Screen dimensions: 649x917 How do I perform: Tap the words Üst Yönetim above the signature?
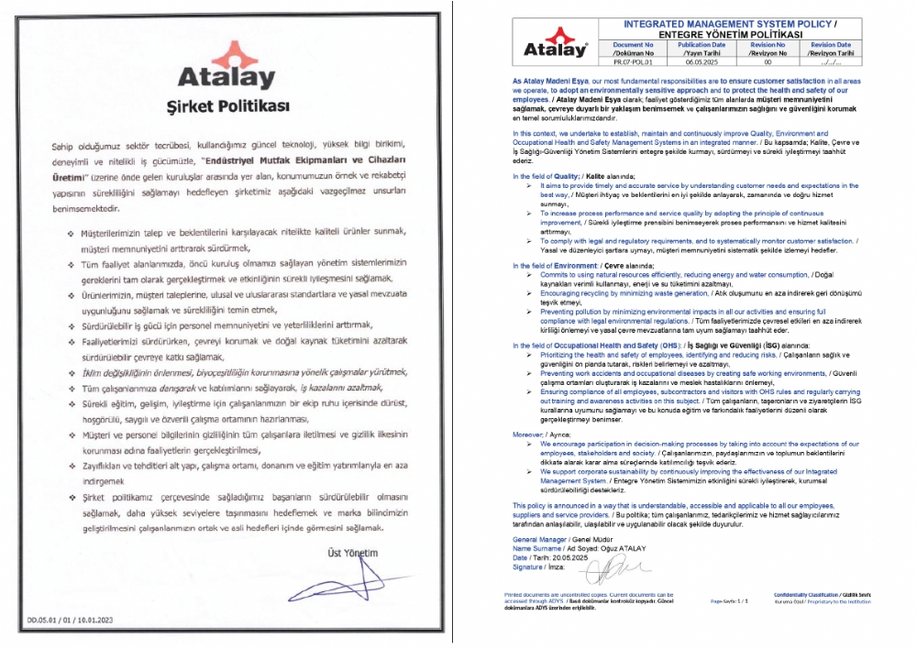tap(352, 552)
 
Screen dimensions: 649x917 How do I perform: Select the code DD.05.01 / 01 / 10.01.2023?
tap(68, 620)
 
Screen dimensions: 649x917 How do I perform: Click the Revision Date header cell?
tap(831, 49)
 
